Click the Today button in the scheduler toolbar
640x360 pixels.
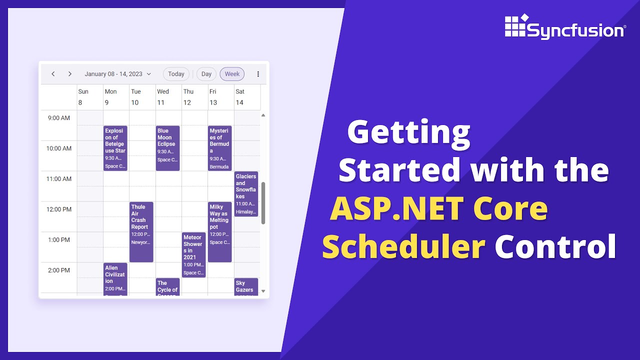176,74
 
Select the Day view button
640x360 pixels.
206,74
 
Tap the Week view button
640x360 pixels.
232,74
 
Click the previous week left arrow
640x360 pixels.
53,74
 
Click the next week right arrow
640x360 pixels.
70,74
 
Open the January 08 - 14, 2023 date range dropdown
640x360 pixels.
117,74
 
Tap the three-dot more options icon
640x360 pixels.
258,74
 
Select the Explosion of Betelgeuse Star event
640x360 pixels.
115,148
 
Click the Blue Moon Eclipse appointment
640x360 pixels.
167,148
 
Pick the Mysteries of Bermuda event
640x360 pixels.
220,148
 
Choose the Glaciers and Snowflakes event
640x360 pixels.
246,194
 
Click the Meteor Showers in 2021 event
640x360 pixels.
193,254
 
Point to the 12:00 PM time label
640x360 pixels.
59,209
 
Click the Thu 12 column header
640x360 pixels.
187,97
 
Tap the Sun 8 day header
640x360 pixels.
83,97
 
